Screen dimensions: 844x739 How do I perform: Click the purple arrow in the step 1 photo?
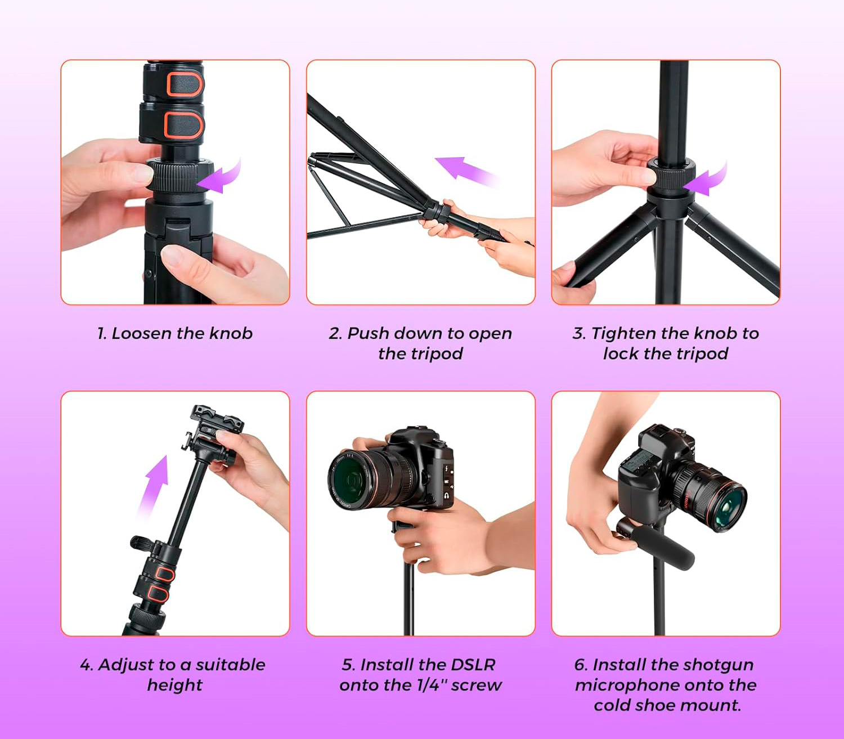(219, 180)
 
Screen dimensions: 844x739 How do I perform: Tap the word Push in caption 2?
(369, 333)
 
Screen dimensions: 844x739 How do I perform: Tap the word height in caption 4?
(175, 685)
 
